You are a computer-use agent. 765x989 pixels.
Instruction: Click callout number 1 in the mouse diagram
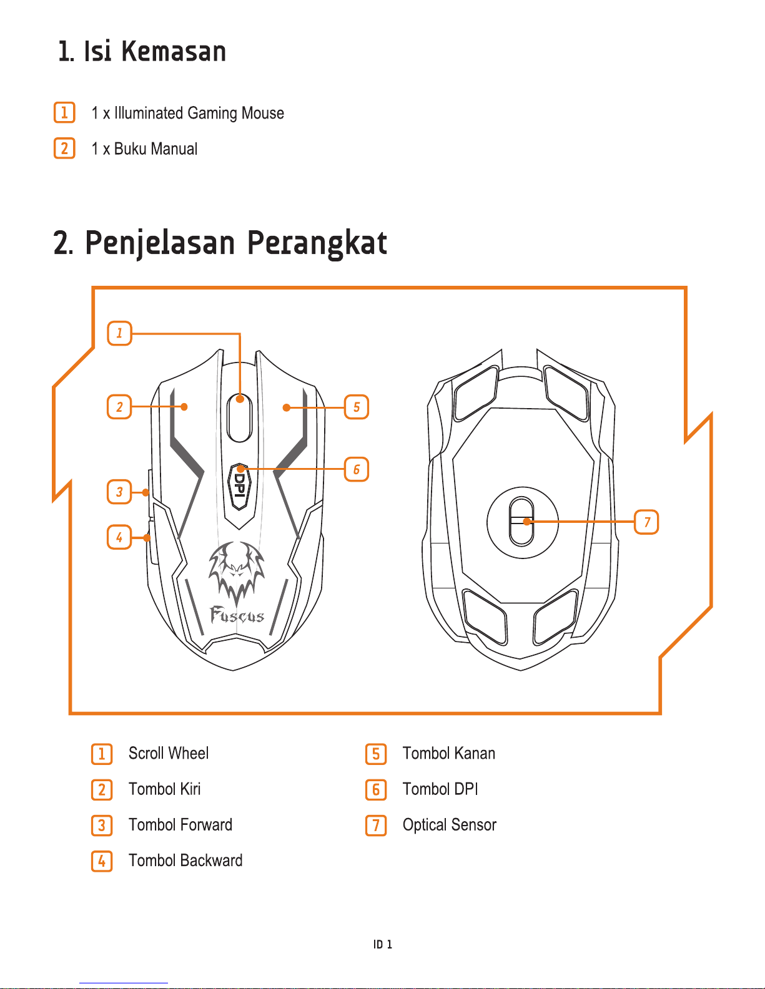point(119,333)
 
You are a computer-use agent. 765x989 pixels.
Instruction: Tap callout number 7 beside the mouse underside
point(646,522)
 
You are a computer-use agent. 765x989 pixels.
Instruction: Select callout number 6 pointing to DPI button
point(357,469)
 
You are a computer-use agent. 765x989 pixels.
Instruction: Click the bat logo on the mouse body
point(236,570)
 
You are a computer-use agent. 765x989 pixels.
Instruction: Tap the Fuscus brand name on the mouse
point(237,616)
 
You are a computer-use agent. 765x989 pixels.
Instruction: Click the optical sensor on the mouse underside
point(522,522)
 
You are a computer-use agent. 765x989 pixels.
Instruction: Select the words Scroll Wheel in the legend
point(168,753)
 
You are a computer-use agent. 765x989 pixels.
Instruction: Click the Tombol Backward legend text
point(185,860)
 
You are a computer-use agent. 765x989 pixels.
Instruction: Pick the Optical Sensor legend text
point(449,825)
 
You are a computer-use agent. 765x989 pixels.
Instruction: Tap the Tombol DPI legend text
point(440,789)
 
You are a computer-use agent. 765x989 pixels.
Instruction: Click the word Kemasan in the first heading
point(174,51)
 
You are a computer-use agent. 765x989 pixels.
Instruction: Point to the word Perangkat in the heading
point(317,243)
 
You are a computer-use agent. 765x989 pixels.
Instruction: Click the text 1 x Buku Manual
point(144,149)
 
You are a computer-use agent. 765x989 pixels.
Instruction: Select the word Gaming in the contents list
point(212,114)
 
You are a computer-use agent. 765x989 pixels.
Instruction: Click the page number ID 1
point(383,944)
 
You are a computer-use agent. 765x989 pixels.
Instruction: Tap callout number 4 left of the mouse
point(119,537)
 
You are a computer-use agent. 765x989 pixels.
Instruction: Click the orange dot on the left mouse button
point(184,407)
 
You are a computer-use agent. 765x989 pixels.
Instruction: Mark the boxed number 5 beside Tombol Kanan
point(376,754)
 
